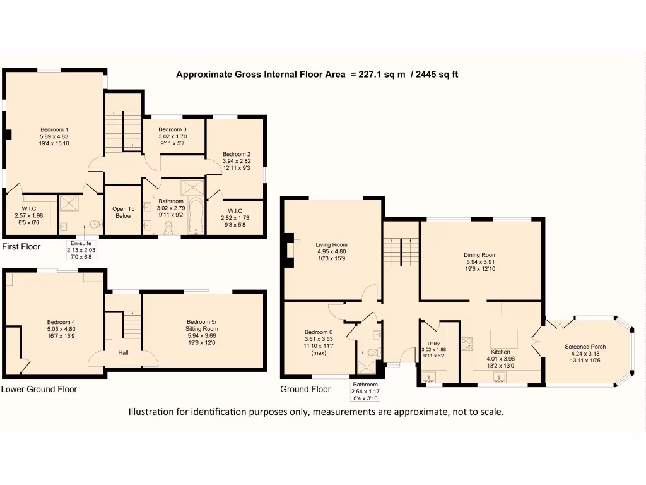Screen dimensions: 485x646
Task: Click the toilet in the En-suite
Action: click(x=95, y=224)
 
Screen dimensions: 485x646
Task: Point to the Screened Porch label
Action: click(x=585, y=347)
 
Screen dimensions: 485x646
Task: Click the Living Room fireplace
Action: click(x=289, y=251)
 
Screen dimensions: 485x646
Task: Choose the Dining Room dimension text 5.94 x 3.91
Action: click(x=480, y=263)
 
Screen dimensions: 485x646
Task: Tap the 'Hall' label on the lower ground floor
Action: click(x=123, y=352)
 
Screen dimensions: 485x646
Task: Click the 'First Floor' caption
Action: click(x=21, y=246)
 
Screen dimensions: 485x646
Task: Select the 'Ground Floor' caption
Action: click(x=305, y=389)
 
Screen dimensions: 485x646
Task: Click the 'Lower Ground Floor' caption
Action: click(x=38, y=389)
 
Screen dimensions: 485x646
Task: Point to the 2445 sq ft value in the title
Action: click(x=437, y=75)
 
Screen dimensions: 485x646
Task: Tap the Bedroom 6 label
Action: click(x=318, y=332)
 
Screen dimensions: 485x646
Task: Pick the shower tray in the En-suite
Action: click(x=67, y=203)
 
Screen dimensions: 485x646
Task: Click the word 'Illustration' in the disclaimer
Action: click(x=153, y=412)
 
